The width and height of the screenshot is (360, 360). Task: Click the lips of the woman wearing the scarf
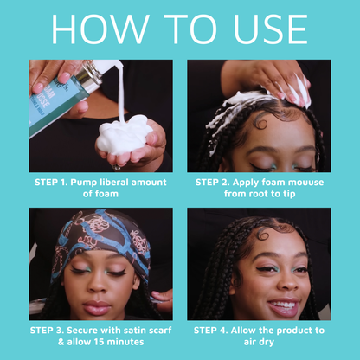point(97,308)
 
